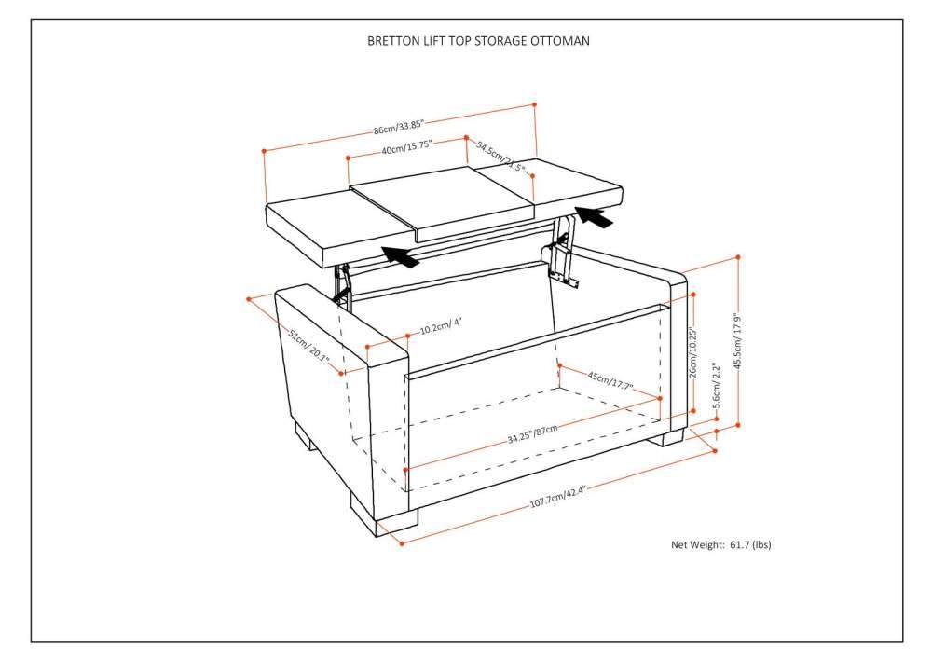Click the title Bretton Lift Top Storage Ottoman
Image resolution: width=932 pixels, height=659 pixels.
click(478, 41)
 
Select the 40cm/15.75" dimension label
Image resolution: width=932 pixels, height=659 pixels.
click(405, 148)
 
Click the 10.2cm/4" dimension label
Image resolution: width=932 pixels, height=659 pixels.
click(441, 328)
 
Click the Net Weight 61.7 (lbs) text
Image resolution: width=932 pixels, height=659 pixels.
click(720, 544)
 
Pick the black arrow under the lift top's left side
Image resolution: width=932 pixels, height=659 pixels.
click(401, 254)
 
